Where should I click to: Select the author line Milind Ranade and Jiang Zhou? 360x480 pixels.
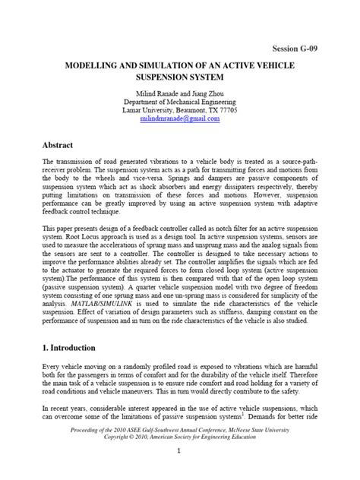179,91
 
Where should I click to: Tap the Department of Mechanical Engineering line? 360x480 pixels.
179,101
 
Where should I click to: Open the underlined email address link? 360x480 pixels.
179,119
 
